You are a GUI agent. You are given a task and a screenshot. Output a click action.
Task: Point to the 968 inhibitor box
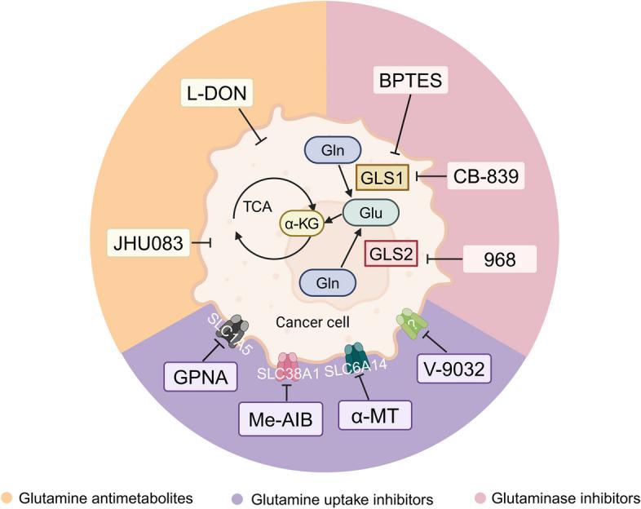pos(499,260)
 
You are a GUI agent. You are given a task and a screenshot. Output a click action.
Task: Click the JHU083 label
pos(146,242)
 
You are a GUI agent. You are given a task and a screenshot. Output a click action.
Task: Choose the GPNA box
pos(194,378)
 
